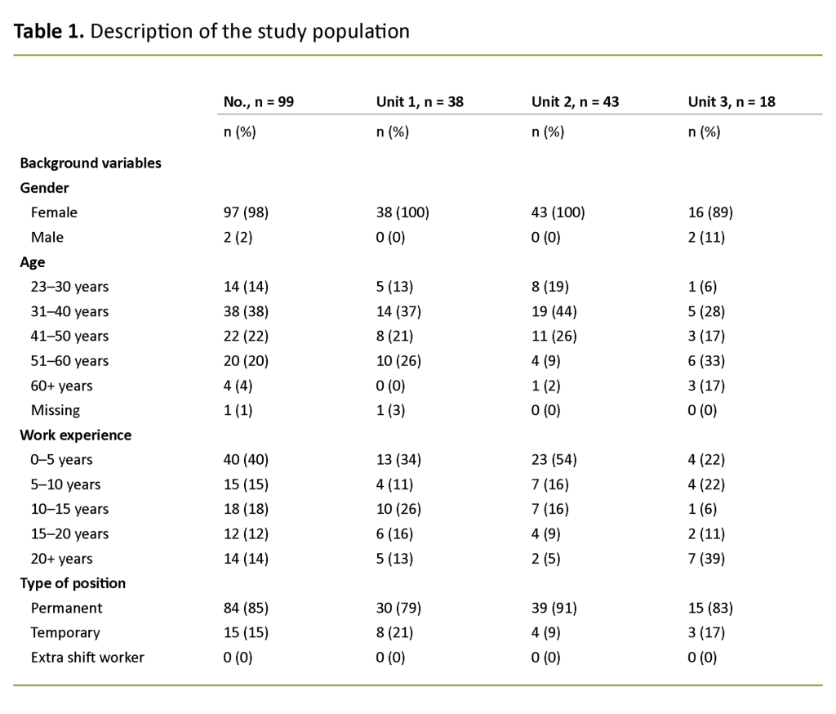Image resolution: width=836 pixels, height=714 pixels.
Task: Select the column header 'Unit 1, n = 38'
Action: click(420, 102)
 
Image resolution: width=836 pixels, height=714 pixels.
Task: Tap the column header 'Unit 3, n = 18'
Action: click(731, 102)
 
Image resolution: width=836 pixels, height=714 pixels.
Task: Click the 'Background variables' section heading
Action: click(91, 163)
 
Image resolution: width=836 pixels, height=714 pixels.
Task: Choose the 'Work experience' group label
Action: click(75, 435)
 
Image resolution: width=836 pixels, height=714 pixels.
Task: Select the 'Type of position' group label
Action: click(73, 583)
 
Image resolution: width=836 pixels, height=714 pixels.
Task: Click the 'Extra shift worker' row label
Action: click(87, 657)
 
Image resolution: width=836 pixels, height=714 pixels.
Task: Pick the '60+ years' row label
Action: click(61, 386)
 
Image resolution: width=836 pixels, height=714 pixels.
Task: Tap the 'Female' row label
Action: click(54, 212)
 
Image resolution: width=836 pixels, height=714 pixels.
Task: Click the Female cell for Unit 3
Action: click(709, 212)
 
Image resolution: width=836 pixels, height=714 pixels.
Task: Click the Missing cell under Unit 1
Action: click(392, 410)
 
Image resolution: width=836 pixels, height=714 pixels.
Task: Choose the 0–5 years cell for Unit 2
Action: click(554, 459)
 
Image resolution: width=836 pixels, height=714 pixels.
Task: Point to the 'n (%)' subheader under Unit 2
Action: click(548, 132)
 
